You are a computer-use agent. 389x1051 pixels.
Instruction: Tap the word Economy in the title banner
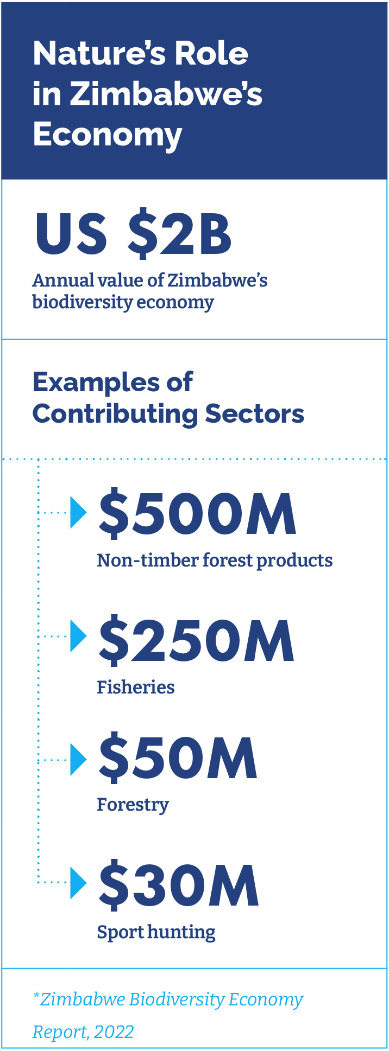(107, 134)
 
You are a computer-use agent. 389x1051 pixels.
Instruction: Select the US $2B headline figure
(133, 234)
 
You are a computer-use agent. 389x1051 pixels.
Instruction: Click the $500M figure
(197, 514)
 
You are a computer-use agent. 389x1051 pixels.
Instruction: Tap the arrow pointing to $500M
(79, 512)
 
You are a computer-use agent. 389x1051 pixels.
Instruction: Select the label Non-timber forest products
(215, 560)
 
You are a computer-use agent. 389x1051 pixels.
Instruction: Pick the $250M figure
(196, 641)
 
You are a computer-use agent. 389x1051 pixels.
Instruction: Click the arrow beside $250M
(79, 635)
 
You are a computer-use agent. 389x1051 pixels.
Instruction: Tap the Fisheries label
(135, 687)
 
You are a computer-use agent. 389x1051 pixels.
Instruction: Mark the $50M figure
(178, 758)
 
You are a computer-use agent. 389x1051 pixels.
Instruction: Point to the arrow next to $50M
(79, 759)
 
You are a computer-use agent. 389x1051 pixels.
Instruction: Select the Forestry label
(133, 805)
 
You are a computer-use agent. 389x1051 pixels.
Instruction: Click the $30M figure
(178, 886)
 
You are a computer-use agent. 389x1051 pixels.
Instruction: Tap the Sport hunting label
(156, 932)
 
